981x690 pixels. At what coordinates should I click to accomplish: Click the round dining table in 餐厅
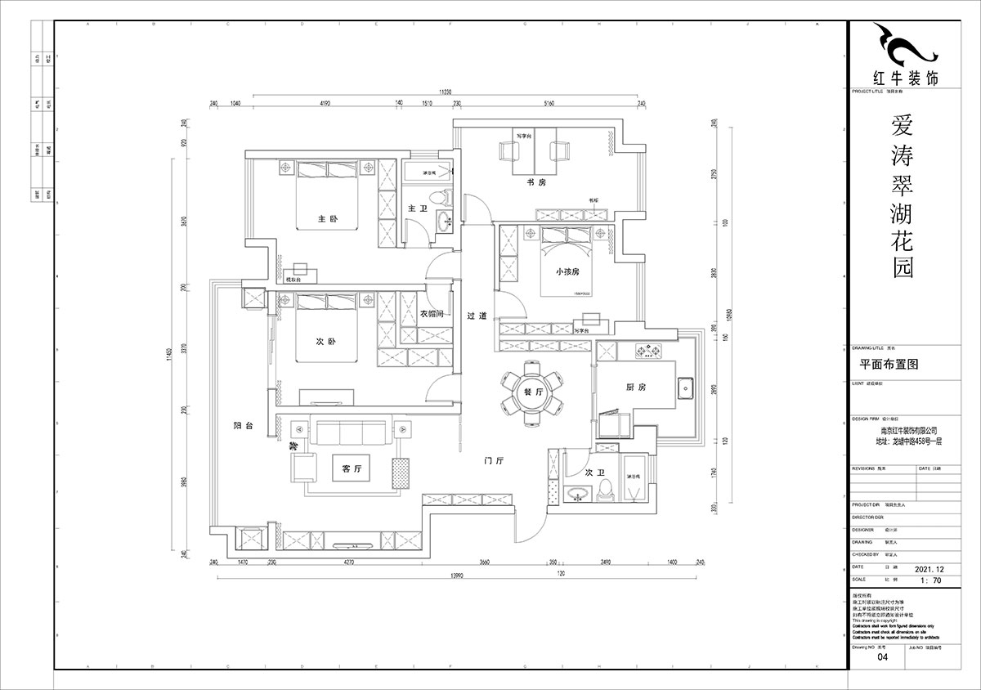(532, 393)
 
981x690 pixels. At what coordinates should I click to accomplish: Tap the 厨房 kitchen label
(637, 388)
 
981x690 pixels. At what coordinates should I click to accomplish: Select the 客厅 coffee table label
(352, 469)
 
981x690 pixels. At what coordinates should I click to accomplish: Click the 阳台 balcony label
(243, 426)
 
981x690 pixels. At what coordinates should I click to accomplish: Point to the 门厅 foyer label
(493, 461)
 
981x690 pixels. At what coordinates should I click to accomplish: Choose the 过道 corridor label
(477, 316)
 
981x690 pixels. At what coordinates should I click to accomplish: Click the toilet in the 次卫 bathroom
(606, 488)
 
